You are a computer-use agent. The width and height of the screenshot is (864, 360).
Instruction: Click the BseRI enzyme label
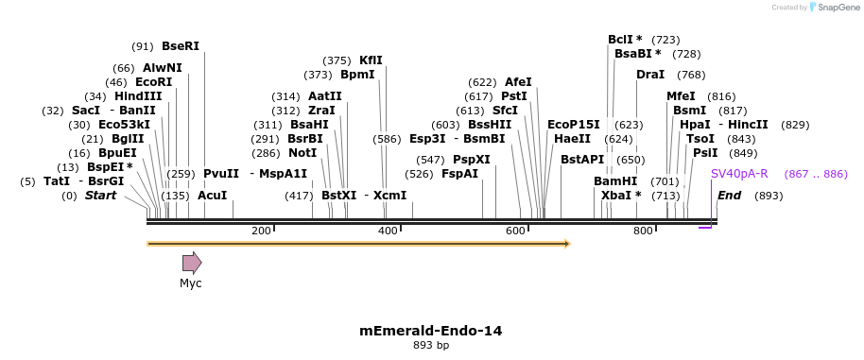[x=181, y=45]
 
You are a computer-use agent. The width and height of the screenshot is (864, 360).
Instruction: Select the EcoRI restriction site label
[x=153, y=82]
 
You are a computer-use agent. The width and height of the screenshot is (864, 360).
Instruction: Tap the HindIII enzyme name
[x=138, y=96]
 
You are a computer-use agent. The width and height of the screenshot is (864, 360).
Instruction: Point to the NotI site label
[x=302, y=152]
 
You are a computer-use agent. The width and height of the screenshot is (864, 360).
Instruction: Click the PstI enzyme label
[x=514, y=96]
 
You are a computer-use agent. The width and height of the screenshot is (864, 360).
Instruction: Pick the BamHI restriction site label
[x=615, y=181]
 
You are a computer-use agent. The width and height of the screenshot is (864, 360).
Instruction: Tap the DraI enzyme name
[x=650, y=75]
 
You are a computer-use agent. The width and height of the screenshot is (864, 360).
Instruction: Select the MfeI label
[x=681, y=96]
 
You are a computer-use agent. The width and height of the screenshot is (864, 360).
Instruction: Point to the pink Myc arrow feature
[x=192, y=263]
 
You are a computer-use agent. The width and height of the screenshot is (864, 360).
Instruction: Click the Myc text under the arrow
[x=191, y=283]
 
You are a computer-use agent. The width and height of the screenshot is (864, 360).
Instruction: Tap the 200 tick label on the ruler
[x=261, y=231]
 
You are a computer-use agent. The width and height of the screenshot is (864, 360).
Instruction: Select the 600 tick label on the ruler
[x=515, y=231]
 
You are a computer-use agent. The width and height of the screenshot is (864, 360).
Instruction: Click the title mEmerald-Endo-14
[x=431, y=331]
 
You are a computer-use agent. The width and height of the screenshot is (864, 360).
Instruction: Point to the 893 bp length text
[x=431, y=346]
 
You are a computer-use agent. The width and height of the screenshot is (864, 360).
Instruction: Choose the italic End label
[x=729, y=196]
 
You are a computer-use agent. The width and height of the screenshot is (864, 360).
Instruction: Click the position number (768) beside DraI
[x=691, y=75]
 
